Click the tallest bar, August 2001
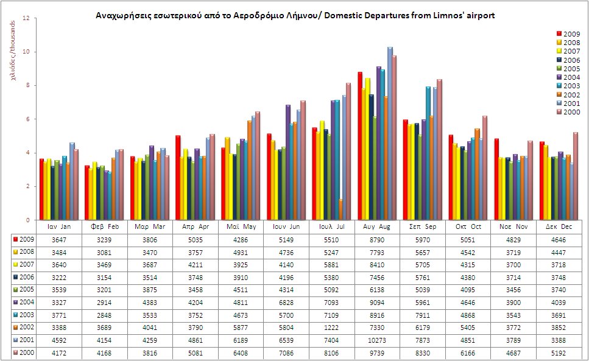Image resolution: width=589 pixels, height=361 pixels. (x=390, y=134)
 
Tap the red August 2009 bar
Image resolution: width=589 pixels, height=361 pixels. (x=360, y=146)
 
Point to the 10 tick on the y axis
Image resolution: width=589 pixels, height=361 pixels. (x=26, y=52)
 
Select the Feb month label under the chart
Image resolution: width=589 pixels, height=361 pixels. (x=108, y=226)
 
